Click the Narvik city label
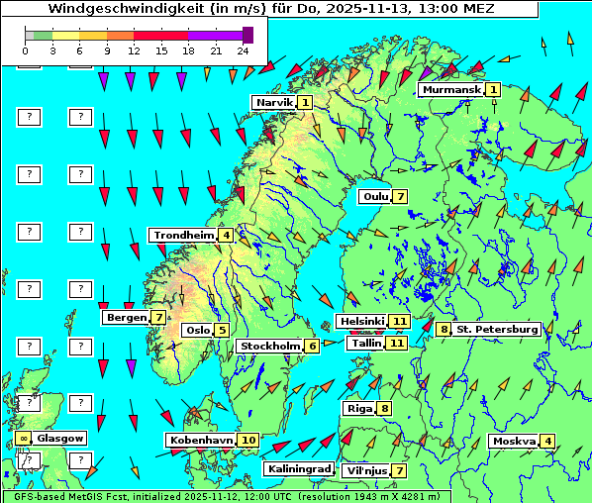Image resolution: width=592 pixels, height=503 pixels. pyautogui.click(x=274, y=102)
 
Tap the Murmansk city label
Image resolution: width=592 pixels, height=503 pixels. pyautogui.click(x=450, y=90)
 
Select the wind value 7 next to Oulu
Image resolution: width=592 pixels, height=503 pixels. pyautogui.click(x=400, y=196)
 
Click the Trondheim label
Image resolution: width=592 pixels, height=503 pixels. pyautogui.click(x=184, y=235)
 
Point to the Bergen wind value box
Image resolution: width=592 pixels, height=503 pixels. pyautogui.click(x=158, y=318)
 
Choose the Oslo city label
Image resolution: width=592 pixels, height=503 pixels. pyautogui.click(x=197, y=330)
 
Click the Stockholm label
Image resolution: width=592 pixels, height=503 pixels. pyautogui.click(x=269, y=346)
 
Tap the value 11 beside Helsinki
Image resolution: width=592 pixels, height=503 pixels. pyautogui.click(x=399, y=322)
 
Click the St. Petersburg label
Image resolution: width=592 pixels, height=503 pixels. pyautogui.click(x=497, y=329)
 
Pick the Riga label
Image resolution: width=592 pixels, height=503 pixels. pyautogui.click(x=357, y=408)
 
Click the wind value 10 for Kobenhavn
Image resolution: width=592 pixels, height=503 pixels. pyautogui.click(x=248, y=440)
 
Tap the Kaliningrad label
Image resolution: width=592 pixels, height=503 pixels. pyautogui.click(x=299, y=468)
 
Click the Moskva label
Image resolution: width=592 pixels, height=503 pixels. pyautogui.click(x=514, y=441)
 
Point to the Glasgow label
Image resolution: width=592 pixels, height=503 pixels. pyautogui.click(x=61, y=438)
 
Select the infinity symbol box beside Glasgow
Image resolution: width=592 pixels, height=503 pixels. pyautogui.click(x=23, y=438)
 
